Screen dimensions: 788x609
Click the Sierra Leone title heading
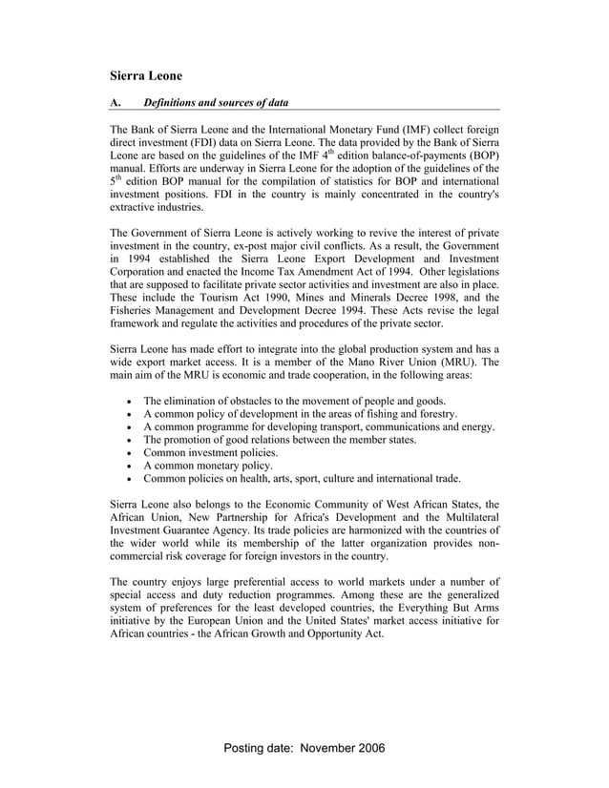click(x=145, y=73)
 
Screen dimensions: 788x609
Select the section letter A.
click(x=115, y=102)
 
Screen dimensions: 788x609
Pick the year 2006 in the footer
click(x=371, y=749)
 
